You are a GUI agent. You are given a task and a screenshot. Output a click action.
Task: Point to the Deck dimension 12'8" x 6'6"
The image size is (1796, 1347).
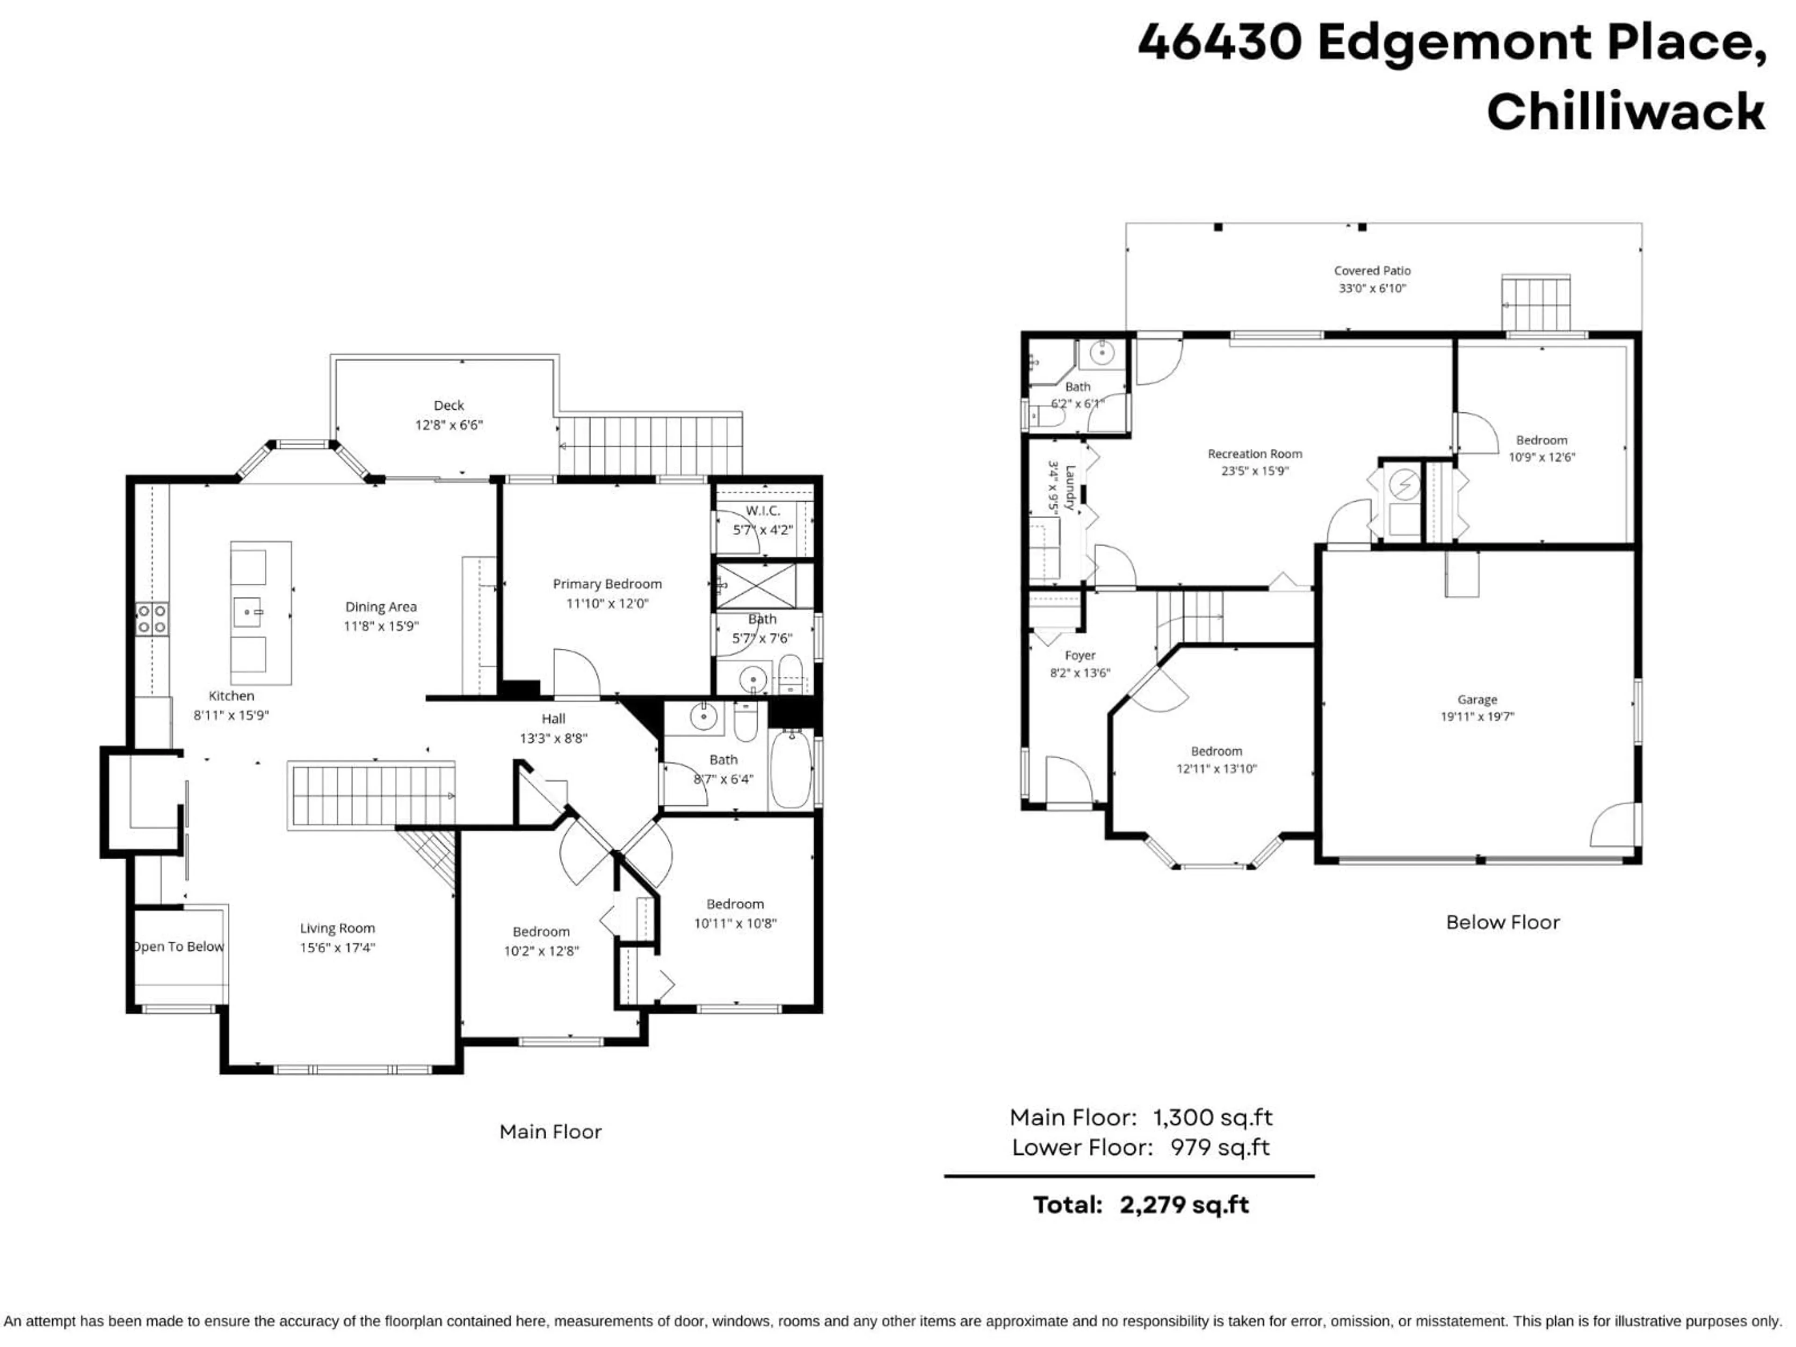click(449, 425)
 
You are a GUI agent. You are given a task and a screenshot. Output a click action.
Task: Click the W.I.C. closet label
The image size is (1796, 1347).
click(762, 511)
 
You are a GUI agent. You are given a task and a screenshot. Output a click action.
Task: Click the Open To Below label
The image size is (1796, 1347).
click(179, 947)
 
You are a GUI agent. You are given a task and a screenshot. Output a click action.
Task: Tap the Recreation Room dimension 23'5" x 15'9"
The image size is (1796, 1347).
click(1254, 471)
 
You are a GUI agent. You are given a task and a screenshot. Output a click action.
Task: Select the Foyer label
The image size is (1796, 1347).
click(1080, 655)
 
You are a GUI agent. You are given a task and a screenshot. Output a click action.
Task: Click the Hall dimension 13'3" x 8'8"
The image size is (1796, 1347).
click(553, 738)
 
